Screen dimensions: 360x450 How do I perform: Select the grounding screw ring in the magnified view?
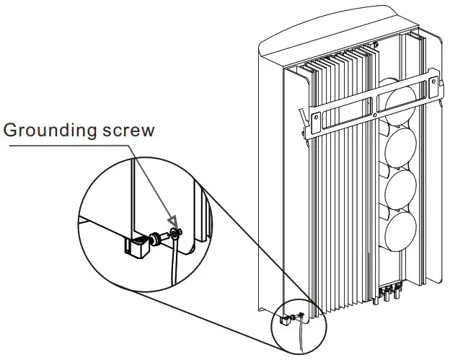point(175,233)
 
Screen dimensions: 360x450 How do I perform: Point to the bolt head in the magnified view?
point(154,237)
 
